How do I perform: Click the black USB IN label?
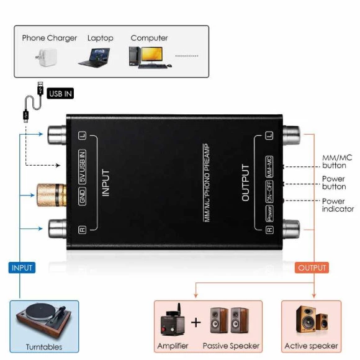point(60,94)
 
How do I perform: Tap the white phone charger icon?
point(47,57)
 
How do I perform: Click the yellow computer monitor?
point(152,55)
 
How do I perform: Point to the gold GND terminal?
point(52,195)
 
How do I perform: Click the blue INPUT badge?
point(22,268)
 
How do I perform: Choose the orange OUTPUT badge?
point(312,268)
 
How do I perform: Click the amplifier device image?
point(172,320)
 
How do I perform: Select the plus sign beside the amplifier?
point(196,322)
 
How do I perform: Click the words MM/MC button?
point(337,161)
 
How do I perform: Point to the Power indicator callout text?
point(338,205)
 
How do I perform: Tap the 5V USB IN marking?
point(82,167)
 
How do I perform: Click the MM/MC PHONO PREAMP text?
point(207,182)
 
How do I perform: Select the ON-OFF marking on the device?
point(269,191)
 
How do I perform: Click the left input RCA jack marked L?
point(57,135)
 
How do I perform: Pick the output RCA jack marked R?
point(292,229)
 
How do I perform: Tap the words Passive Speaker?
point(231,346)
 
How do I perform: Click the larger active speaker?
point(306,319)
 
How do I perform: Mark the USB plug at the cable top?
point(40,88)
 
